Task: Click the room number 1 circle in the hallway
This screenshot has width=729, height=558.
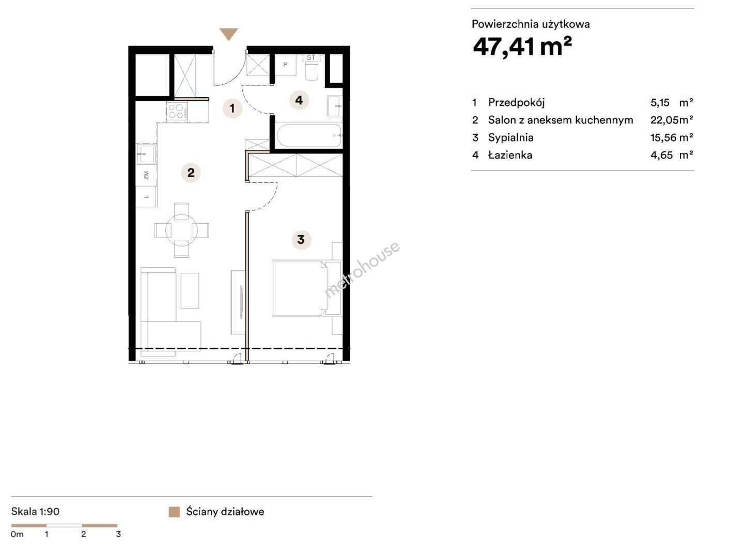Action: point(232,108)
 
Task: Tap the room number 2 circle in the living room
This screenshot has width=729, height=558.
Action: point(191,173)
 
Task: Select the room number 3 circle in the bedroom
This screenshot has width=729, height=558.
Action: point(301,240)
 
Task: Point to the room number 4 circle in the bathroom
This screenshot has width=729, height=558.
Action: point(299,100)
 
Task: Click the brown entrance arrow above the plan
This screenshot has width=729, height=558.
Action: point(228,34)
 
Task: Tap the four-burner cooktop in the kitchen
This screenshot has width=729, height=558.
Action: point(177,111)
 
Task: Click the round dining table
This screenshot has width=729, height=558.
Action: point(181,229)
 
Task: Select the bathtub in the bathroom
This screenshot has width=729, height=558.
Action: point(309,135)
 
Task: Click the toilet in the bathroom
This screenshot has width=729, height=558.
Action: point(311,68)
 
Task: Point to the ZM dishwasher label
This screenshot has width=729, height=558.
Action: point(146,175)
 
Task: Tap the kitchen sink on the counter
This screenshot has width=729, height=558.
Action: point(146,153)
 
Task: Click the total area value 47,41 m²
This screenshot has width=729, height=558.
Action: point(522,47)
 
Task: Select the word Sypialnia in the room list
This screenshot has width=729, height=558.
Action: point(510,138)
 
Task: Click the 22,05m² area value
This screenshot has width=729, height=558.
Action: point(672,120)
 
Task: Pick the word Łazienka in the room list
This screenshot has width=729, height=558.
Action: point(510,155)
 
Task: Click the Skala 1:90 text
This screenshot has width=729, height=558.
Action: point(35,512)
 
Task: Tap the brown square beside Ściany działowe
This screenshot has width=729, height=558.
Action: point(174,512)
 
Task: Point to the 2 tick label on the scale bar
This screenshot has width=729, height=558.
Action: point(83,534)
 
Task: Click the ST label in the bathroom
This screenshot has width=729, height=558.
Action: point(311,57)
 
